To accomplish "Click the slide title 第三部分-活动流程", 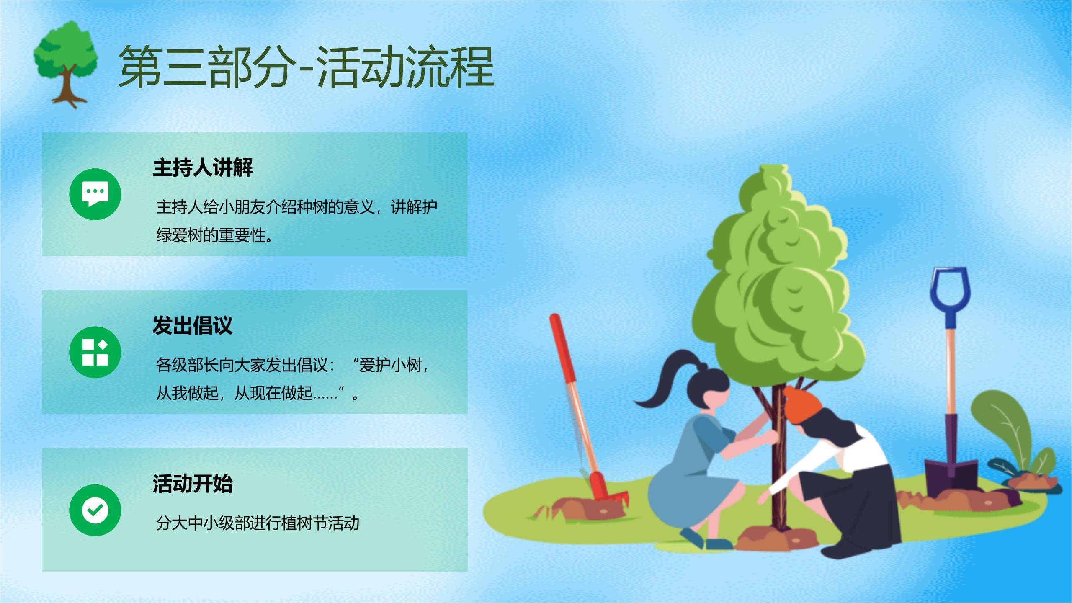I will (306, 67).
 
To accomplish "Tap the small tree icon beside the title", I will (66, 63).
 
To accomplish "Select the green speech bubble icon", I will (95, 194).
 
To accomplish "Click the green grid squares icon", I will (95, 352).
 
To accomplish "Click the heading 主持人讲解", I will (203, 167).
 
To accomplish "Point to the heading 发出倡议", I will (192, 325).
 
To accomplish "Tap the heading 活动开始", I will (192, 483).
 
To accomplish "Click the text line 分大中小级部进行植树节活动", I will (258, 523).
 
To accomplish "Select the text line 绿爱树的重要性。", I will (216, 235).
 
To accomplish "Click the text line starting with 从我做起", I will (258, 393).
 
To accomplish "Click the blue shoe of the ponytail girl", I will (718, 543).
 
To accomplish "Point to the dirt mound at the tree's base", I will (775, 538).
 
